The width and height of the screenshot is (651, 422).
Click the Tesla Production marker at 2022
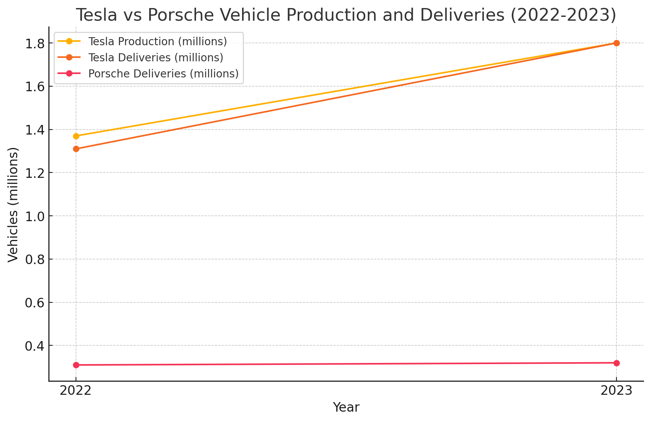tap(76, 136)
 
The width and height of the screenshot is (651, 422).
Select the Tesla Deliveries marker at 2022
tap(76, 149)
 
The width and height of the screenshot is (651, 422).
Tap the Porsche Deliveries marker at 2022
tap(76, 365)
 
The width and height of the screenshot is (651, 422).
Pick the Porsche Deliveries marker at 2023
tap(616, 363)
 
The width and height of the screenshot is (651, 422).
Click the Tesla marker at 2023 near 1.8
tap(616, 43)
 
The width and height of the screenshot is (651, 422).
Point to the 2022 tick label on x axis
tap(76, 391)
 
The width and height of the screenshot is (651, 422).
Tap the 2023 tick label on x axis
tap(616, 391)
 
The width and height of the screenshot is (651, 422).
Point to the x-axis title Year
tap(346, 407)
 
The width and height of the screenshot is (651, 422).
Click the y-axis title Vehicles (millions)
tap(13, 205)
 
